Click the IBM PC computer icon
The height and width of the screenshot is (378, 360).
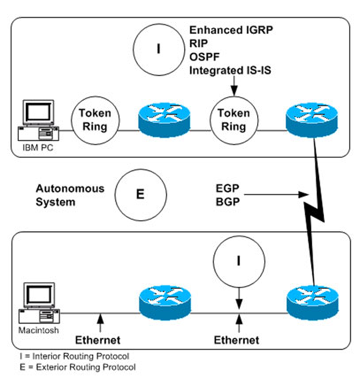pos(38,120)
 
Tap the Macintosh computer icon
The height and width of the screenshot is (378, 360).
pos(39,303)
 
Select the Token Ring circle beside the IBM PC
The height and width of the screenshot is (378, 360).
pos(96,120)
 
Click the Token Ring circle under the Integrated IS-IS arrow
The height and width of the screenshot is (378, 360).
pos(234,120)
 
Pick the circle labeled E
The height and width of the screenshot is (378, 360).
pos(141,195)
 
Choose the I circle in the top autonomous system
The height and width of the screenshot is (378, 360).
pos(158,50)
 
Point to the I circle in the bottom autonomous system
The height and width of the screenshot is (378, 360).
pos(239,261)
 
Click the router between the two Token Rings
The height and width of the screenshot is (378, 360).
pos(165,119)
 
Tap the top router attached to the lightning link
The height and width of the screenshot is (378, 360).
pos(312,119)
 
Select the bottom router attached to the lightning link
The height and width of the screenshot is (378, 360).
pos(312,302)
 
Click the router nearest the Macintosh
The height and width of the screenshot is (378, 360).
pos(165,302)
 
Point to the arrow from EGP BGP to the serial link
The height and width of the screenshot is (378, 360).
pos(276,195)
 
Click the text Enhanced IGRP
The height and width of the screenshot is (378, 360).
pos(231,30)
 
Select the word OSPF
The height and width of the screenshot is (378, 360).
pos(204,57)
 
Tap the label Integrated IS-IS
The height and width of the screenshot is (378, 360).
pos(230,71)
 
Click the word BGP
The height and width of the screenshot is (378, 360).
pos(227,202)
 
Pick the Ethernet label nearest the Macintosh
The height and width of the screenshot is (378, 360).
pos(98,340)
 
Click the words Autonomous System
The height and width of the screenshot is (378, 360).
pos(70,196)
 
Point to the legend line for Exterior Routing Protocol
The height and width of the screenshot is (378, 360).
pos(78,367)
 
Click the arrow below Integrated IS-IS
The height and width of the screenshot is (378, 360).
pos(234,86)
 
